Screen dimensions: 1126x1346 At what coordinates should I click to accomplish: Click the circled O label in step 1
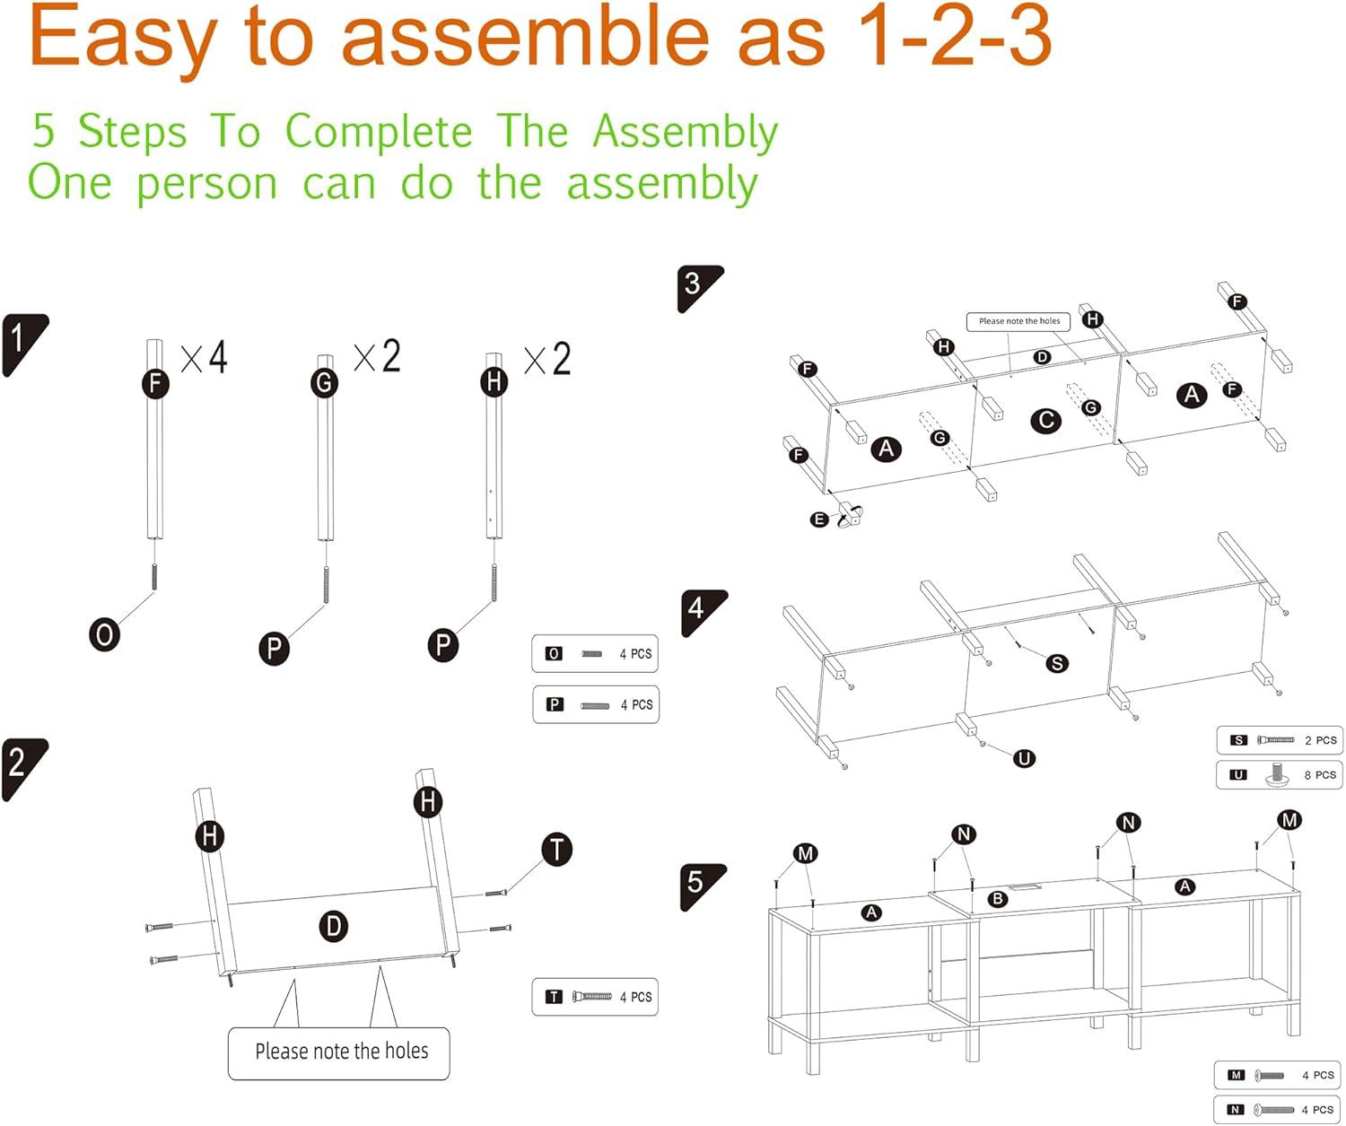[104, 635]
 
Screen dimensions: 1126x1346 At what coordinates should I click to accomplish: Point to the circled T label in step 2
[557, 849]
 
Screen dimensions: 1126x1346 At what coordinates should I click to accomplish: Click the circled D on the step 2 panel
[334, 926]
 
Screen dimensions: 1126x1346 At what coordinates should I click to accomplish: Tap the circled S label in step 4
[1057, 663]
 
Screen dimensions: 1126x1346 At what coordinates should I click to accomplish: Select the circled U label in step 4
[1024, 758]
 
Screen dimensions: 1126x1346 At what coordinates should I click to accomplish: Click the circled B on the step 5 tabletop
[997, 899]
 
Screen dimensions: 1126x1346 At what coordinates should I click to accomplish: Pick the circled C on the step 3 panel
[1046, 420]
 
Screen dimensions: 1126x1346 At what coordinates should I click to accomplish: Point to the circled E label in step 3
[818, 519]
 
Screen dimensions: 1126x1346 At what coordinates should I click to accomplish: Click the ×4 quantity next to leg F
[205, 357]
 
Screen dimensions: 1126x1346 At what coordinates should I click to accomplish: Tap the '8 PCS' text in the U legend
[1320, 774]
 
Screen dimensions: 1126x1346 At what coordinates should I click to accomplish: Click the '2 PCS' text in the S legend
[1321, 740]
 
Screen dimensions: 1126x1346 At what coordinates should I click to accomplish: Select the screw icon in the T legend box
[592, 996]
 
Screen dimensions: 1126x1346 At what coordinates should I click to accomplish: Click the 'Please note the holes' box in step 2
[339, 1052]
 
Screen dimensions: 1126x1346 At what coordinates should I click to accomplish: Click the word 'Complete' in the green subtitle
[378, 132]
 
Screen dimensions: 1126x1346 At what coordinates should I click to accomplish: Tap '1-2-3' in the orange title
[953, 38]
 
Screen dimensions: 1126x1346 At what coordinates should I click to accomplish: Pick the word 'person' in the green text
[207, 185]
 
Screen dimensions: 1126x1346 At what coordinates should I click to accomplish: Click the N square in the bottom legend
[1236, 1110]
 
